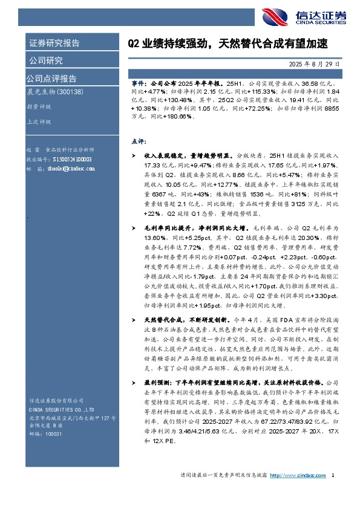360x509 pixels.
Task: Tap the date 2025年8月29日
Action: [316, 63]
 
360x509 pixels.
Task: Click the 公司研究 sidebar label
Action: [46, 60]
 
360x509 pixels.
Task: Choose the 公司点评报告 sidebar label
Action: [51, 78]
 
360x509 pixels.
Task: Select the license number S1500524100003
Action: [70, 159]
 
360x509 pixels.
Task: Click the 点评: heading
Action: [139, 141]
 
